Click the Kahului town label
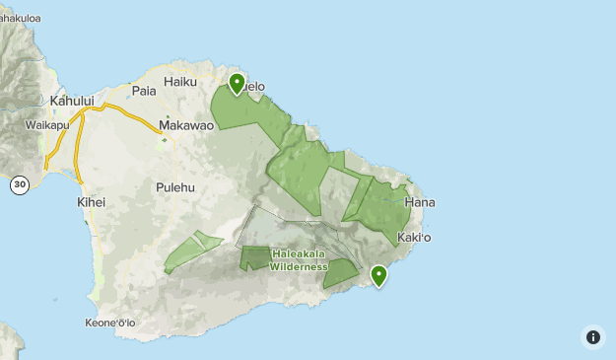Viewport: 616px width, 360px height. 72,101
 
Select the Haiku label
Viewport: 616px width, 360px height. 181,81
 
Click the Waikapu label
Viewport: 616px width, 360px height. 45,125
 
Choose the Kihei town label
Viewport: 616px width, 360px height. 90,202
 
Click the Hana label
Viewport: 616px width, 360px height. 419,202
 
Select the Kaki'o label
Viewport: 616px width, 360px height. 414,238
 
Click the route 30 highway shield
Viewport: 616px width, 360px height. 19,184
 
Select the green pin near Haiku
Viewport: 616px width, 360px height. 237,83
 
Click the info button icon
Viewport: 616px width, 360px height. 593,337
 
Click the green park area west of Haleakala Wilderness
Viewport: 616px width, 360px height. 193,251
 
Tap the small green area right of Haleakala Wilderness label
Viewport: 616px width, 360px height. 341,272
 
